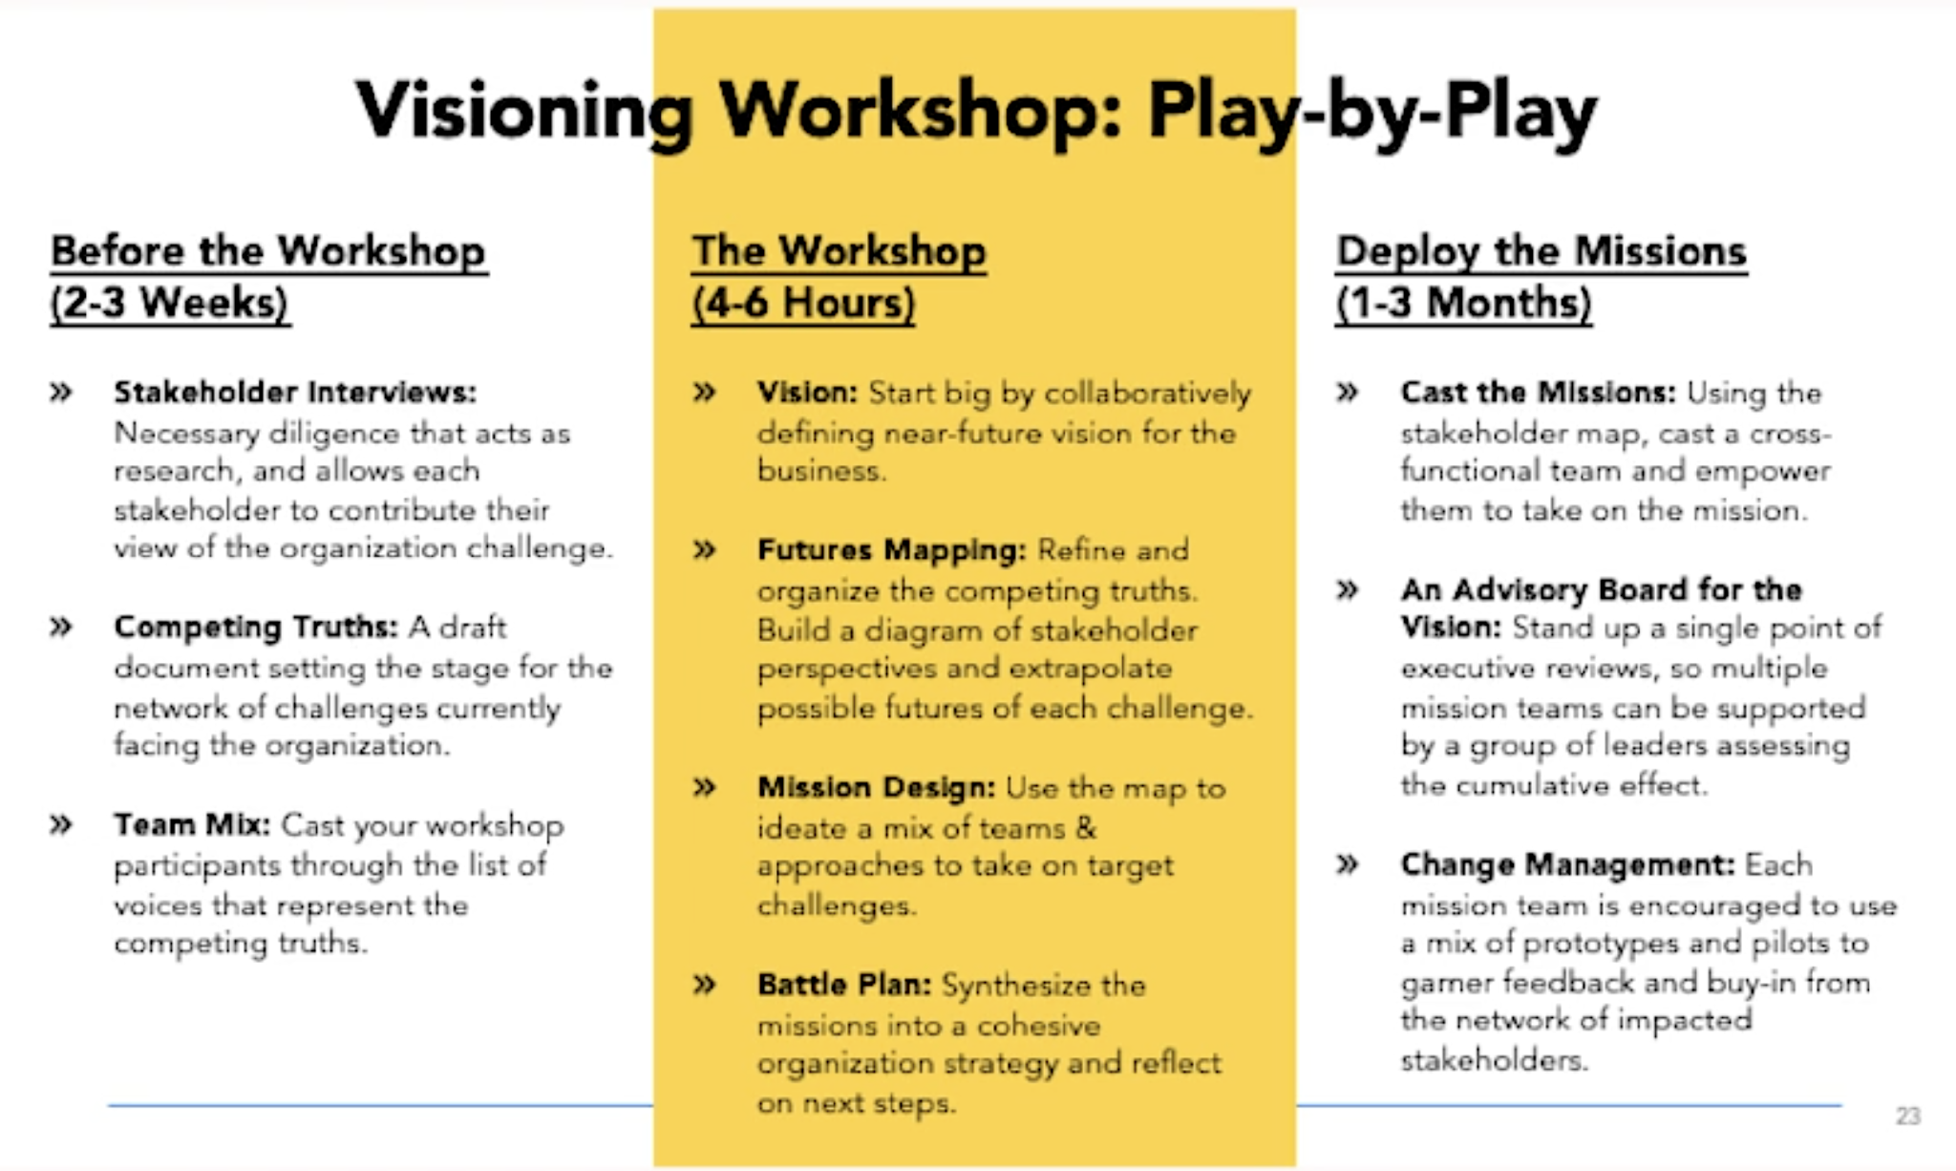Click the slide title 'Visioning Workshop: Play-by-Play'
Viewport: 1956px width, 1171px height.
coord(976,113)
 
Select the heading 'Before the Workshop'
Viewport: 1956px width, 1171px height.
coord(268,251)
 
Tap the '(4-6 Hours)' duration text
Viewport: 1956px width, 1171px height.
coord(803,303)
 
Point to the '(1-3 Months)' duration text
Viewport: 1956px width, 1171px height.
coord(1463,303)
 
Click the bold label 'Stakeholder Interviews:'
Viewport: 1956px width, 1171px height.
coord(295,393)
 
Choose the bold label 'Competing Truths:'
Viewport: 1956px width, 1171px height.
coord(255,627)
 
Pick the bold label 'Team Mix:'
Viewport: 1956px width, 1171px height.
coord(192,824)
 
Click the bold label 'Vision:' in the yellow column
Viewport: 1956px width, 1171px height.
coord(808,393)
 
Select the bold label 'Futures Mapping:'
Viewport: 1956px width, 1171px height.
coord(891,550)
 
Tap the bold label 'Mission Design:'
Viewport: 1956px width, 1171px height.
coord(876,788)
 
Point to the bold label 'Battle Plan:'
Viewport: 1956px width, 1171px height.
coord(843,985)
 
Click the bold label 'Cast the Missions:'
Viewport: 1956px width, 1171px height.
coord(1538,393)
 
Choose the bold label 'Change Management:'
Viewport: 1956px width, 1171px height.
coord(1567,864)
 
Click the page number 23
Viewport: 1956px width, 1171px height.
coord(1908,1116)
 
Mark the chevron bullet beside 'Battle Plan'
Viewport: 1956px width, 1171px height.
coord(705,985)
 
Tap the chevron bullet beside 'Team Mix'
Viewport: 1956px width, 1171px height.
coord(61,824)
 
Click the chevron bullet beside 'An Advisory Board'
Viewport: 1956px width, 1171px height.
coord(1348,589)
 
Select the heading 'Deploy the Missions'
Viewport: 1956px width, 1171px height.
coord(1541,251)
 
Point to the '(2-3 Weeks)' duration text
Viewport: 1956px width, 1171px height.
coord(170,303)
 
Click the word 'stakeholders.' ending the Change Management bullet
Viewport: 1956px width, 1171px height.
coord(1494,1060)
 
